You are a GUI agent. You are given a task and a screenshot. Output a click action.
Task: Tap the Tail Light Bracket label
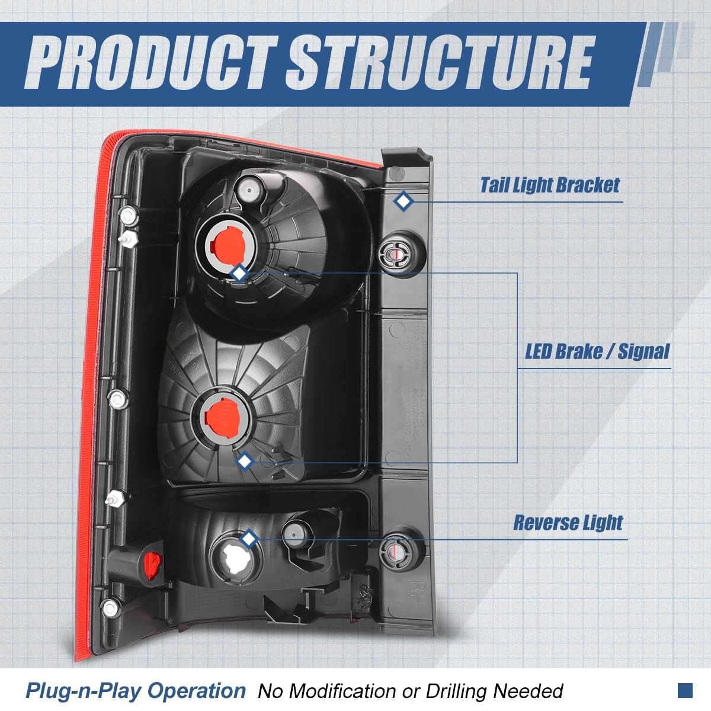point(549,185)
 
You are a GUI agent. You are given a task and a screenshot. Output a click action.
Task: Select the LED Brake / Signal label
point(597,351)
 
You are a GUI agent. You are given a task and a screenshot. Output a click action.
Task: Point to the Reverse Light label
point(568,523)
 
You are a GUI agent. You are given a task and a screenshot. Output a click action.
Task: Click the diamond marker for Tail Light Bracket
point(404,202)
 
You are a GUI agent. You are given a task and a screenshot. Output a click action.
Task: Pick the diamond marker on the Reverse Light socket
point(249,539)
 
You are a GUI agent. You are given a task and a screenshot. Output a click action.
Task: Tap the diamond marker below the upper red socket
point(239,273)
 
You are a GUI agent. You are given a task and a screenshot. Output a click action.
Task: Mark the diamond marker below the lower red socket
point(244,461)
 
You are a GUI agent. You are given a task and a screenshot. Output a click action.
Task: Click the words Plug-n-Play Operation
point(135,690)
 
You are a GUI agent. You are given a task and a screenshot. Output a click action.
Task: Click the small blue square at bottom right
point(685,690)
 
